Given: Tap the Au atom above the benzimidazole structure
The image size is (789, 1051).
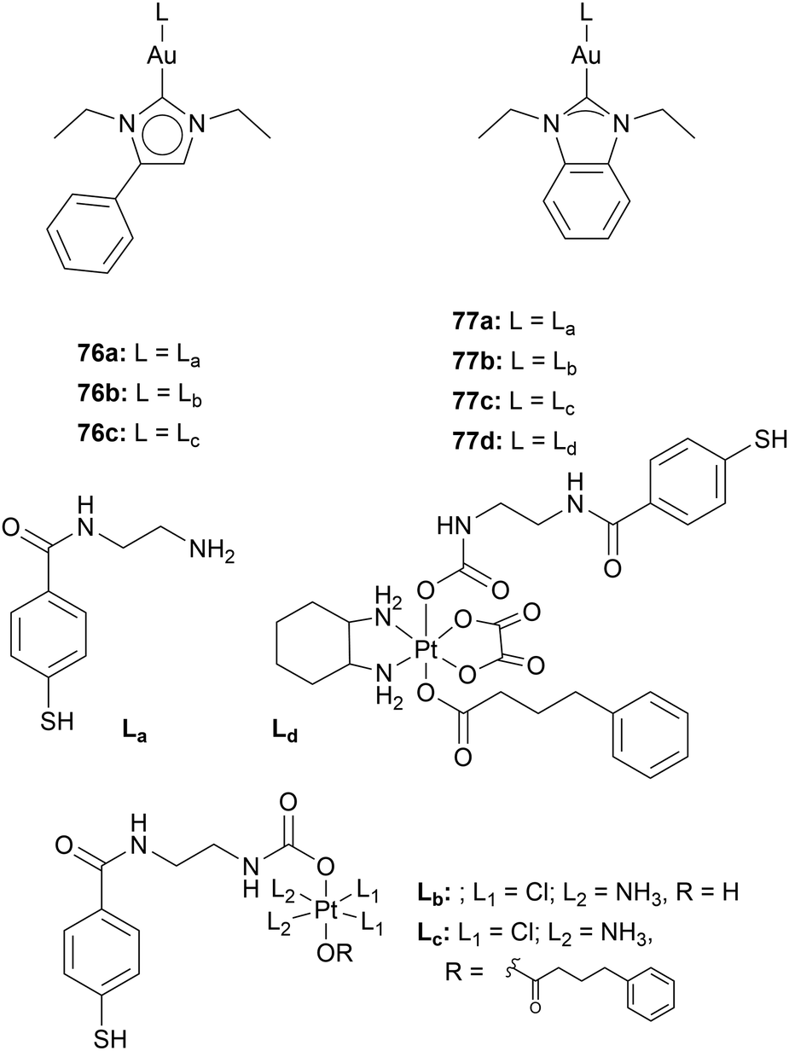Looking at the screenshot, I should (584, 55).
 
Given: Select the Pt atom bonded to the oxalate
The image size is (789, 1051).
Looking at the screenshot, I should (426, 650).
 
